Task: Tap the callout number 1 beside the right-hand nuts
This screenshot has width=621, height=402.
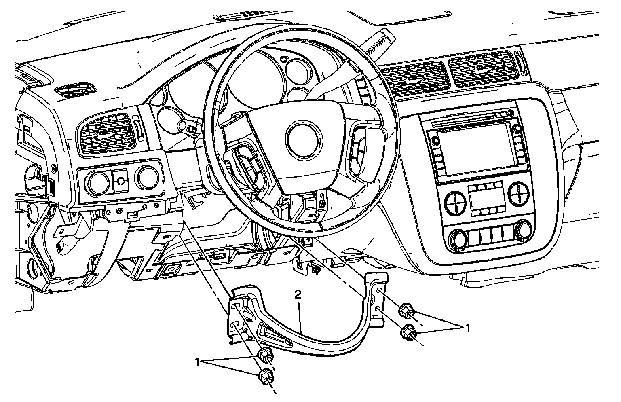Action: pos(468,328)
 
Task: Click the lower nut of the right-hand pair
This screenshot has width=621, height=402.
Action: pos(408,333)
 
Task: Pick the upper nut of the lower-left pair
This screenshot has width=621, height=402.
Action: pos(266,354)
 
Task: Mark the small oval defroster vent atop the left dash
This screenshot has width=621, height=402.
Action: pos(76,91)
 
